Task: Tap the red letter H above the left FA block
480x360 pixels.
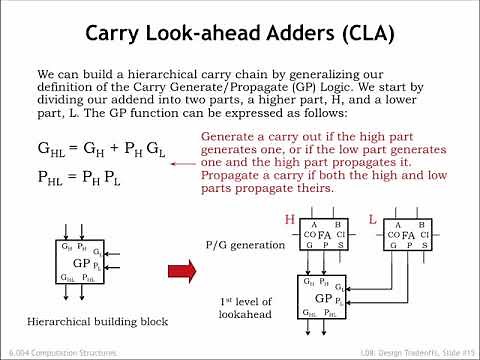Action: pyautogui.click(x=289, y=218)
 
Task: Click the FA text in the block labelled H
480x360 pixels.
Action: pyautogui.click(x=322, y=236)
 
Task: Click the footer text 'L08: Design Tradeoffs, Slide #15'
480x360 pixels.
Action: pyautogui.click(x=406, y=353)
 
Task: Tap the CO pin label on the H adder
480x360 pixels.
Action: pyautogui.click(x=310, y=236)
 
